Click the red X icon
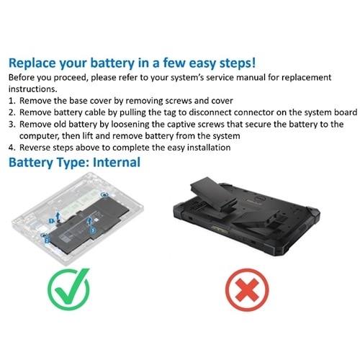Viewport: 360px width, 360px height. tap(247, 290)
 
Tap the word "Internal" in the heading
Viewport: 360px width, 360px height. tap(117, 162)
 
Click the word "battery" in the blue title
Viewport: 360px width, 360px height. tap(112, 63)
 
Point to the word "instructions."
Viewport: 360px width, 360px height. tap(33, 89)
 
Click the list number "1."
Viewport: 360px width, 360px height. tap(12, 101)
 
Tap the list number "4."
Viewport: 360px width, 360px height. tap(12, 148)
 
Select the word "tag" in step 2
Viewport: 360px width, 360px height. tap(170, 113)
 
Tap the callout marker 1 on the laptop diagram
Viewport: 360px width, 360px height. tap(51, 221)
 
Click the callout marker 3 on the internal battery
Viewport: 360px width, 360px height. tap(93, 230)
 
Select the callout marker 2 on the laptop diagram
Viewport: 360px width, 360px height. tap(47, 240)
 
